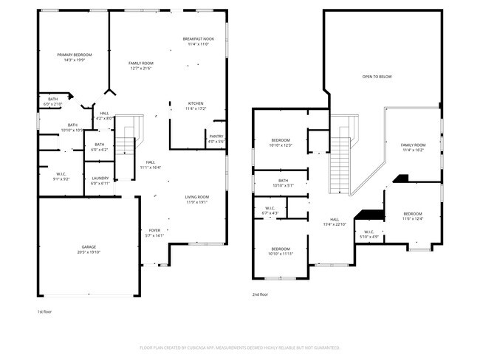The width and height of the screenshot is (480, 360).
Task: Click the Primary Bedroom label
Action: point(74,55)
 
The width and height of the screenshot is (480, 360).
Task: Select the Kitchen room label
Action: point(196,103)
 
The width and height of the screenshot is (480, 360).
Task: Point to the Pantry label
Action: point(216,136)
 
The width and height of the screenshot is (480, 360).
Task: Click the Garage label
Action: point(89,246)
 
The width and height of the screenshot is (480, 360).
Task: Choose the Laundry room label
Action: point(100,178)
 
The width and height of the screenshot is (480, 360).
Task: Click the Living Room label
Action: point(197,197)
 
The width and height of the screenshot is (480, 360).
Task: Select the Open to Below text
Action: point(377,77)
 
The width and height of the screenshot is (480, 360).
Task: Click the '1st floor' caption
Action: point(45,311)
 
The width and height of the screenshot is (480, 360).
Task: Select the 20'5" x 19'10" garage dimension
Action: point(89,252)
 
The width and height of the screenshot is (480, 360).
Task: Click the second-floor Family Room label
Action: point(414,145)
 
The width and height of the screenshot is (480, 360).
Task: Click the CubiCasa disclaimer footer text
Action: point(239,346)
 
